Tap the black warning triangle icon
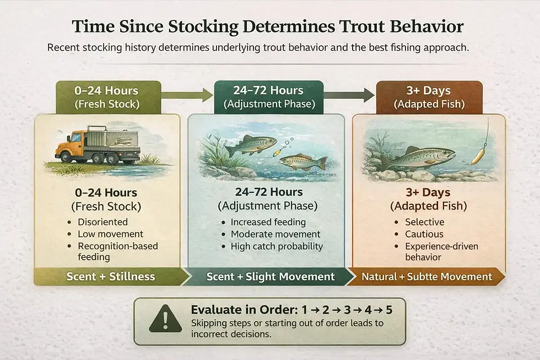164,320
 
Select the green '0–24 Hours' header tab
108,96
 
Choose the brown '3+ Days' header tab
429,96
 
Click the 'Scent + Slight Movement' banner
270,276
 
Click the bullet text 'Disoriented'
103,222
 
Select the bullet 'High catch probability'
277,246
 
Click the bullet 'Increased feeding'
268,222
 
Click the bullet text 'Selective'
424,222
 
